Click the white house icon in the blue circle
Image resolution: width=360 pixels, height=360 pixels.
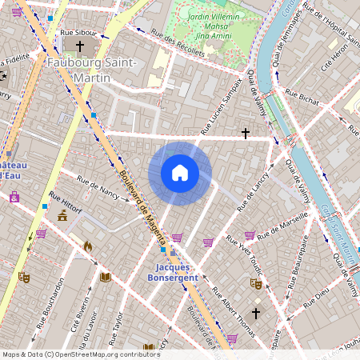(180, 173)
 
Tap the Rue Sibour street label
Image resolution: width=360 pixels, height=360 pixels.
(78, 33)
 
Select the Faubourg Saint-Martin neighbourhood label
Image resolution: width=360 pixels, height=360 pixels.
(91, 69)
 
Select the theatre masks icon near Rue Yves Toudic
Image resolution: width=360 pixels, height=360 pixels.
(256, 282)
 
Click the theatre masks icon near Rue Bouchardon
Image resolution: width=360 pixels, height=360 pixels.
(25, 276)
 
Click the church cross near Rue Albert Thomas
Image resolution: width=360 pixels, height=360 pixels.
(256, 314)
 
